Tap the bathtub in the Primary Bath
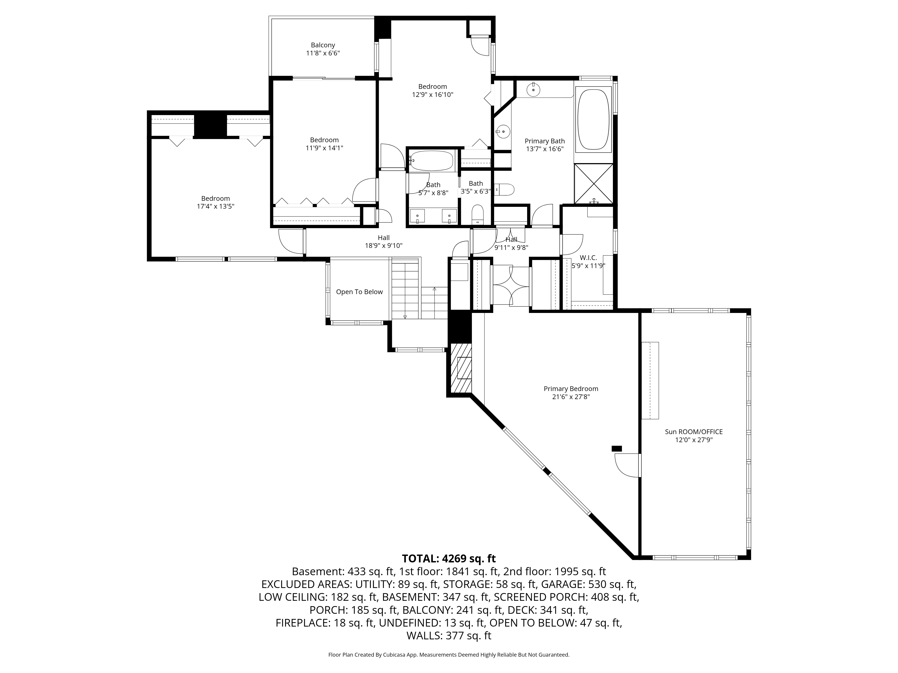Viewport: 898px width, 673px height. (594, 120)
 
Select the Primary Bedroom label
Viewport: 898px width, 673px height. (571, 389)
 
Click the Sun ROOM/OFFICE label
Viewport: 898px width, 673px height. (694, 432)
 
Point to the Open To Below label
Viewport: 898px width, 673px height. (359, 292)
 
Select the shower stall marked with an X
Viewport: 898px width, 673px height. (594, 184)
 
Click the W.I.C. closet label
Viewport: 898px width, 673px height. (588, 258)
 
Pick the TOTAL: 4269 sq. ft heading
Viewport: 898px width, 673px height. (449, 559)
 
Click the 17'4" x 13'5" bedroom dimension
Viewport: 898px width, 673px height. (216, 206)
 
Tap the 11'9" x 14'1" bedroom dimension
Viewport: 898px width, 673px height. (324, 148)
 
